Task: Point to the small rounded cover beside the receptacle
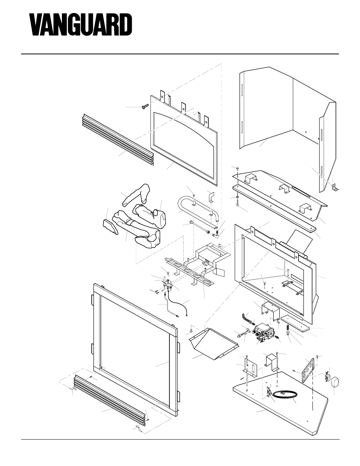click(x=334, y=383)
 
